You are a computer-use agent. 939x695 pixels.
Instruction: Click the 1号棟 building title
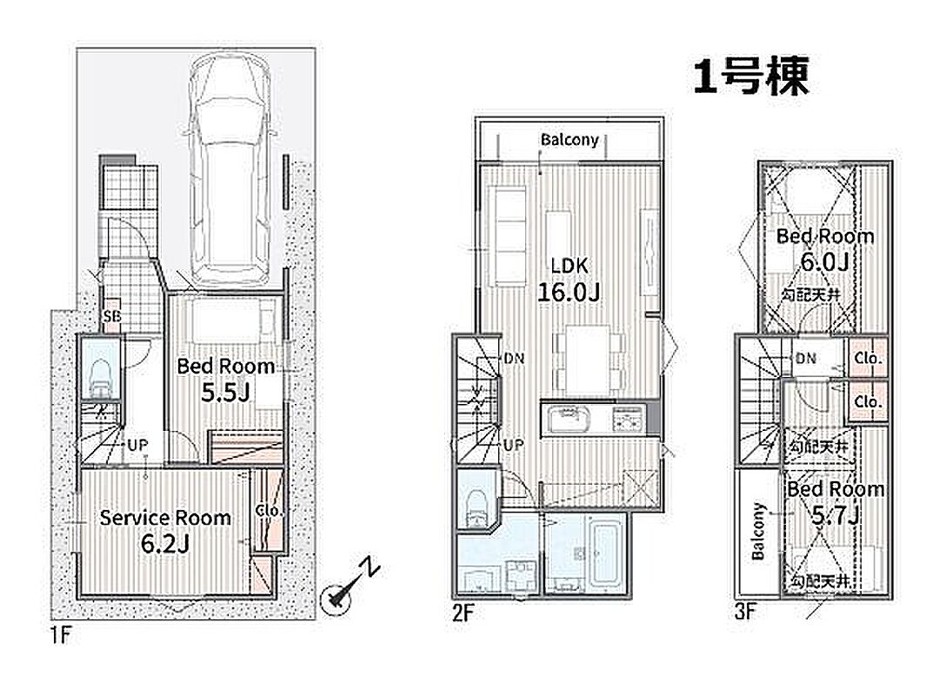click(x=751, y=76)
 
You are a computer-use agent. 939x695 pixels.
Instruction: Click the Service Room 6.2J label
click(x=164, y=531)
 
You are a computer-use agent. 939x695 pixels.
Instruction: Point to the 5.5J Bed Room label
click(x=226, y=379)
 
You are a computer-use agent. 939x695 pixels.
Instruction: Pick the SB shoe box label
click(x=112, y=315)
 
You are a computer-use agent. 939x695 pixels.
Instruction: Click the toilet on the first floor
click(x=101, y=378)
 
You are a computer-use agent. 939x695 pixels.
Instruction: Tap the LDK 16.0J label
click(x=569, y=278)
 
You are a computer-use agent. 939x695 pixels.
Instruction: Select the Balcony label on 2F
click(x=569, y=140)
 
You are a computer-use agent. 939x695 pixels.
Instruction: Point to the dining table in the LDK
click(x=588, y=360)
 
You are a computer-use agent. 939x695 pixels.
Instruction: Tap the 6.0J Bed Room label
click(x=825, y=249)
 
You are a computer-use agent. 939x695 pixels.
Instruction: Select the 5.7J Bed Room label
click(x=836, y=501)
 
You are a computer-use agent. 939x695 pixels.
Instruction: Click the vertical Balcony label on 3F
click(x=758, y=531)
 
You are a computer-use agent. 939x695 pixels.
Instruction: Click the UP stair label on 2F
click(x=513, y=445)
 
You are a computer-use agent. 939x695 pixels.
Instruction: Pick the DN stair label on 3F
click(x=806, y=358)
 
